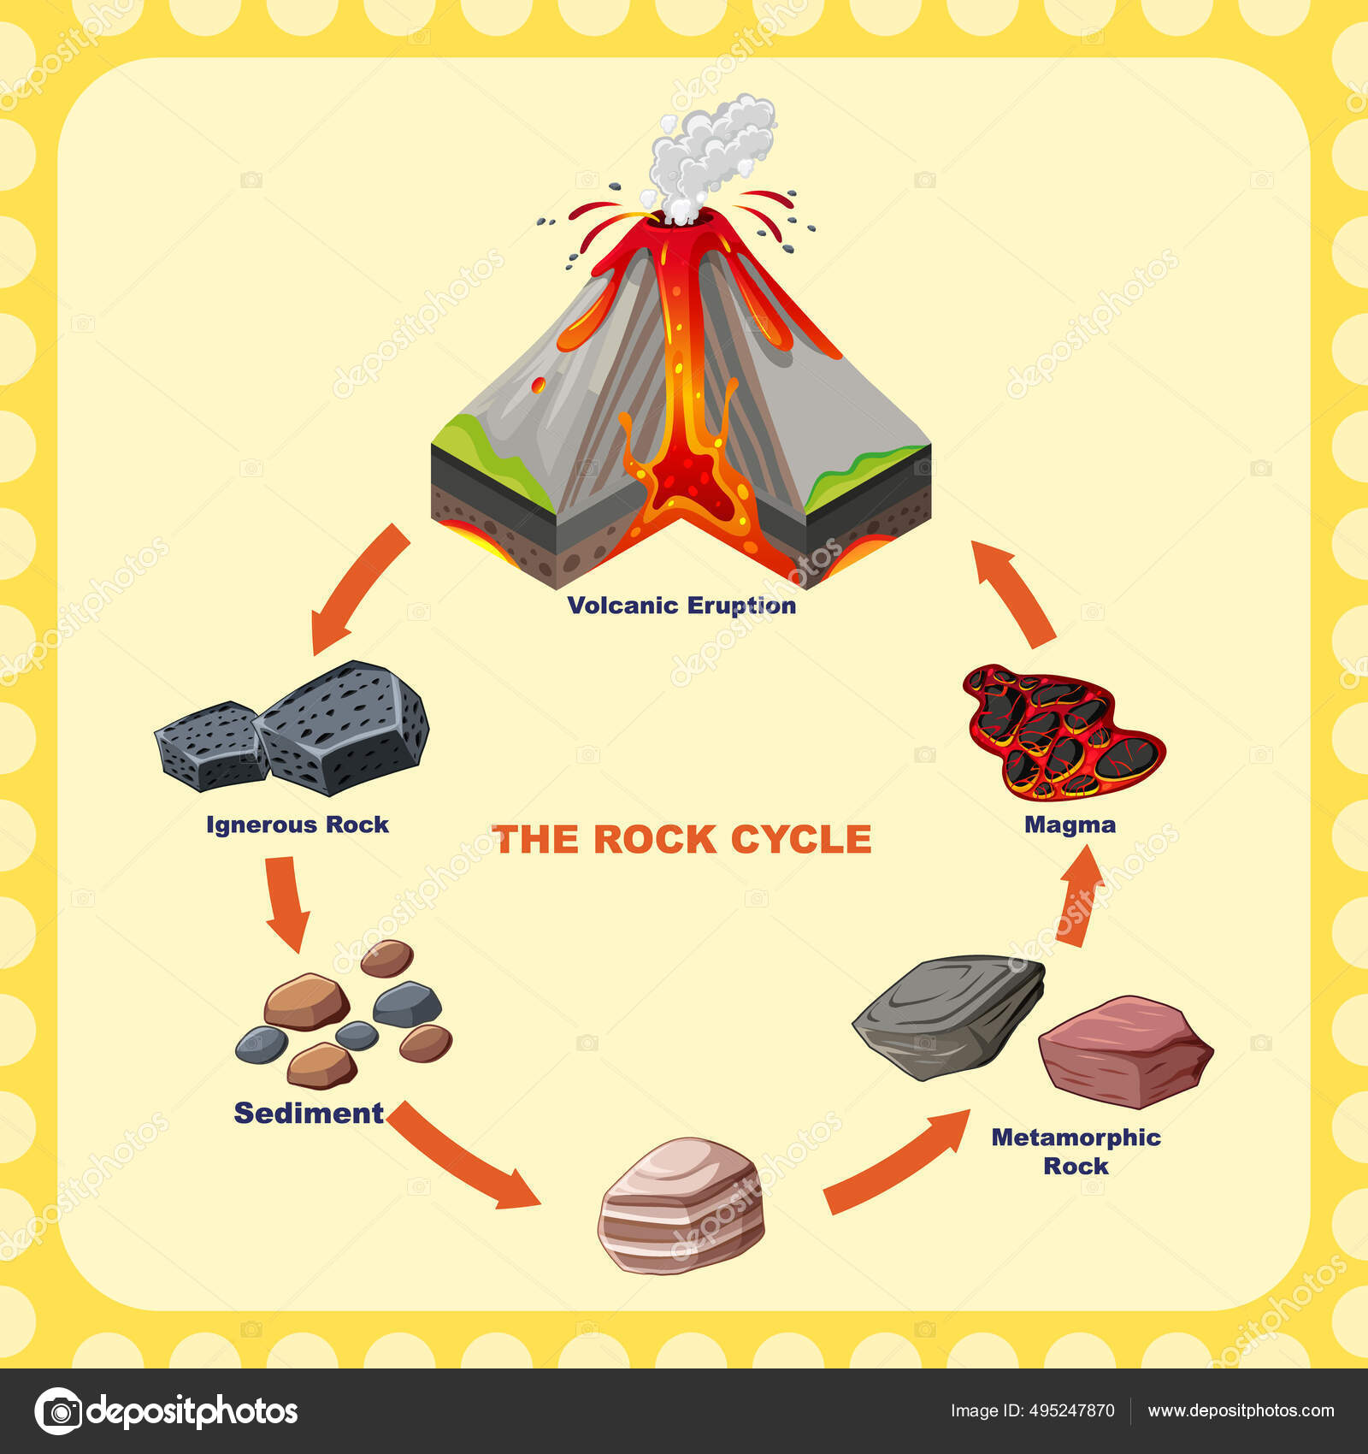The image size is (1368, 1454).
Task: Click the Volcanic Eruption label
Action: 681,606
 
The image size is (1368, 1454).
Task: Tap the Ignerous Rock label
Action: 297,825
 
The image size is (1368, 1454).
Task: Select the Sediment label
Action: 309,1113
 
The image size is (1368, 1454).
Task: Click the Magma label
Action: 1070,825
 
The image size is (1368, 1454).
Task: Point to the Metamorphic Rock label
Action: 1076,1151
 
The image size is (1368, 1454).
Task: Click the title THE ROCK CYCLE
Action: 681,839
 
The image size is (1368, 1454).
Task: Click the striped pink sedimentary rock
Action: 681,1206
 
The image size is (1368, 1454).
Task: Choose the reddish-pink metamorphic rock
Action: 1125,1052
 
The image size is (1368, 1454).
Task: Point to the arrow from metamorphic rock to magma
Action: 1079,895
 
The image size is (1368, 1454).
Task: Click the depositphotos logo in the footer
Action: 167,1410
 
